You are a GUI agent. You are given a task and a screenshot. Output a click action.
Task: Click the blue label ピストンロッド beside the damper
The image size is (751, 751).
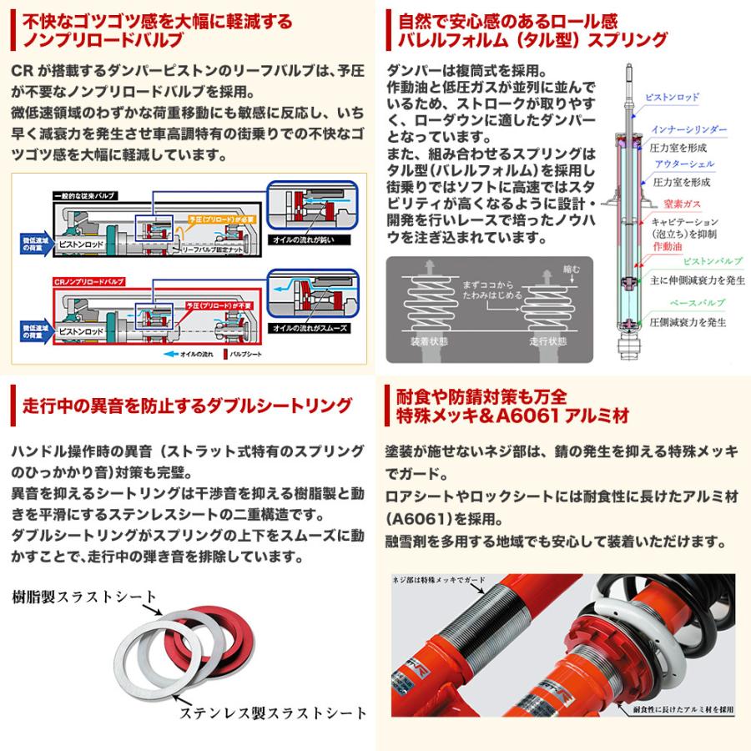coord(673,98)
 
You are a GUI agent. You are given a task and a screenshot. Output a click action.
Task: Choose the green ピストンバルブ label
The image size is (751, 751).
coord(692,263)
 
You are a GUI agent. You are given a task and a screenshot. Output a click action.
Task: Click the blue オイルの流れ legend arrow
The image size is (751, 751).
coord(171,353)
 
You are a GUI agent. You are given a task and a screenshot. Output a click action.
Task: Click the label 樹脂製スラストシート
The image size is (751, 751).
coord(83,597)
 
